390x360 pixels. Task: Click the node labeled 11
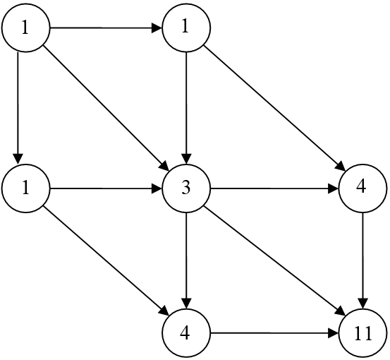point(363,333)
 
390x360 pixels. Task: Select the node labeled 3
point(186,188)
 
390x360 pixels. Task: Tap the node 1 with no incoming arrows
point(25,28)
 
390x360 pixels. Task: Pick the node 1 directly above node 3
point(186,28)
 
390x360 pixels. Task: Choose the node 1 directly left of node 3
point(25,188)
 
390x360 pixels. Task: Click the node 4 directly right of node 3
point(363,188)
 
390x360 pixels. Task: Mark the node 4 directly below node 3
point(186,333)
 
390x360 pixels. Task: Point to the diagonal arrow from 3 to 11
point(274,260)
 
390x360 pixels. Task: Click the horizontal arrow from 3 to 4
point(274,188)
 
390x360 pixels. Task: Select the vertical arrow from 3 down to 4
point(187,260)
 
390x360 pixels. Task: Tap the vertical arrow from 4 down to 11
point(363,260)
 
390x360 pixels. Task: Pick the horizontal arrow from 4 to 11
point(274,333)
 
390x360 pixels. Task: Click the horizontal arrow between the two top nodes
point(106,28)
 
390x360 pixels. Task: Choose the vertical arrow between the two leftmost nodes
point(18,107)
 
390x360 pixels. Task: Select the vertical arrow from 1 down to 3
point(187,108)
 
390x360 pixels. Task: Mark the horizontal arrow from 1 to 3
point(106,188)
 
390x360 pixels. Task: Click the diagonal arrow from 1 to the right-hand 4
point(274,108)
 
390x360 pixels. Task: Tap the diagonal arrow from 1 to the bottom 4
point(106,261)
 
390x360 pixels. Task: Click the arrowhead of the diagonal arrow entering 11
point(341,311)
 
